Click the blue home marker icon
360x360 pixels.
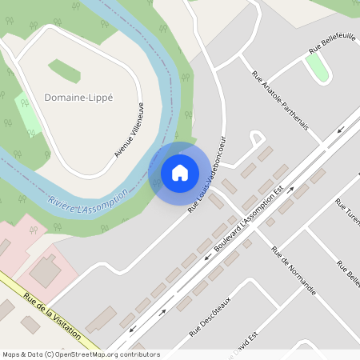coord(180,172)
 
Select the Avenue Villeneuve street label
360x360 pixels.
coord(130,130)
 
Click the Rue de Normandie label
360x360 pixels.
coord(293,270)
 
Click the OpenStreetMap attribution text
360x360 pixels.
coord(81,354)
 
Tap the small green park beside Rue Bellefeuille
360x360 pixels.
coord(318,69)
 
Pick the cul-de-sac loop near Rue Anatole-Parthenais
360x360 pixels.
coord(258,138)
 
